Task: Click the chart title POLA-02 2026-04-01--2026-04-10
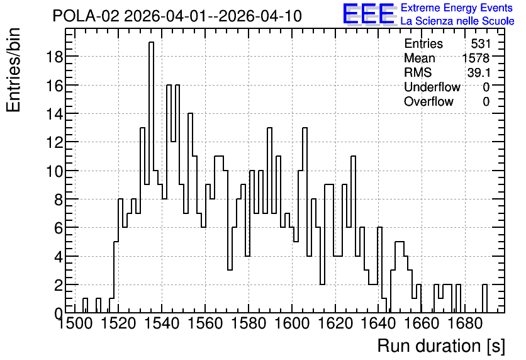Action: pyautogui.click(x=177, y=16)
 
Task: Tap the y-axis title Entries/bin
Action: pyautogui.click(x=14, y=70)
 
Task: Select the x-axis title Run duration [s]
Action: pyautogui.click(x=441, y=346)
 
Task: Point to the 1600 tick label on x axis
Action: pyautogui.click(x=292, y=323)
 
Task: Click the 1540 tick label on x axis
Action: pyautogui.click(x=162, y=323)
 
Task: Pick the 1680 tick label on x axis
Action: pyautogui.click(x=465, y=323)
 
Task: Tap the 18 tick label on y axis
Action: pyautogui.click(x=54, y=57)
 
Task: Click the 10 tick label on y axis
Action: pyautogui.click(x=54, y=171)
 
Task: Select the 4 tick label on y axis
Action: pyautogui.click(x=59, y=257)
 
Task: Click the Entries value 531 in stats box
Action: pyautogui.click(x=480, y=43)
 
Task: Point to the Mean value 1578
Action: pyautogui.click(x=476, y=58)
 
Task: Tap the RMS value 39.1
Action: pyautogui.click(x=479, y=72)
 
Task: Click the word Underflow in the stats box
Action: pyautogui.click(x=432, y=87)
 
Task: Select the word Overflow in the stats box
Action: pyautogui.click(x=428, y=101)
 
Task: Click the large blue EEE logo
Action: pyautogui.click(x=369, y=14)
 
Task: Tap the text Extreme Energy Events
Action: pyautogui.click(x=457, y=8)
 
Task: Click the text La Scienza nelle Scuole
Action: pyautogui.click(x=457, y=21)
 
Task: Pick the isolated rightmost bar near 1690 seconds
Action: pyautogui.click(x=484, y=298)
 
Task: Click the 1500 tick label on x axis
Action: pyautogui.click(x=75, y=323)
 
